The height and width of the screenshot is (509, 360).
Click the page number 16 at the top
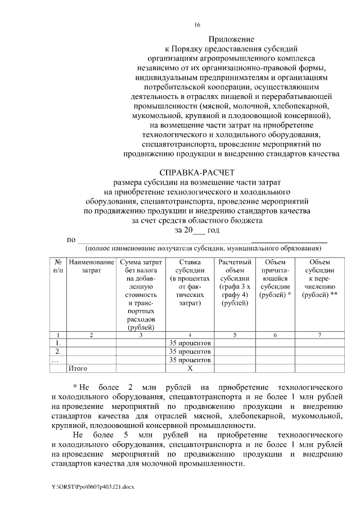(197, 25)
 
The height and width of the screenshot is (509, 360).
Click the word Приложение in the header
(232, 39)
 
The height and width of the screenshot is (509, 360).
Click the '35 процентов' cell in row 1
(190, 343)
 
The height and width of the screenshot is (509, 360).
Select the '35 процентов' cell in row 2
(190, 352)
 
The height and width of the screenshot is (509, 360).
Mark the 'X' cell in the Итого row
(190, 368)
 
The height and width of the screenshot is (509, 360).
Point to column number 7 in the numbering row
(319, 335)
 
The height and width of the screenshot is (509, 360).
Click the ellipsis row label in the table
(55, 360)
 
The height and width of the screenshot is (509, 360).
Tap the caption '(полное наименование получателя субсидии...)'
(203, 248)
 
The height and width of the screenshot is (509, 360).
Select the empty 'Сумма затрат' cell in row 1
(141, 343)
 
